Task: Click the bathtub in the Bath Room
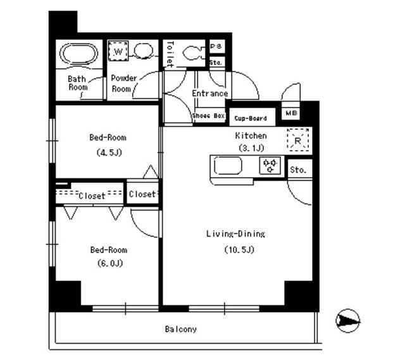(x=78, y=54)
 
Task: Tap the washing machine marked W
(x=118, y=51)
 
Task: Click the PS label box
(x=216, y=46)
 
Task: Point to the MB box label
(x=291, y=113)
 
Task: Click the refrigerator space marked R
(x=298, y=140)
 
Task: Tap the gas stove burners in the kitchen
(x=270, y=165)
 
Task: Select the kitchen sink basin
(x=228, y=166)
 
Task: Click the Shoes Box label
(x=208, y=116)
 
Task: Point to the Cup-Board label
(x=251, y=118)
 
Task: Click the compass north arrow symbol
(x=348, y=321)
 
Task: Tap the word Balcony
(x=181, y=329)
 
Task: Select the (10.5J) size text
(x=239, y=249)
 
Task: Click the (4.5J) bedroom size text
(x=109, y=152)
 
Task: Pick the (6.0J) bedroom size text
(x=110, y=263)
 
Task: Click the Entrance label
(x=210, y=93)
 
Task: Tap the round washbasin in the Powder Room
(x=144, y=51)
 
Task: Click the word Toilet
(x=170, y=54)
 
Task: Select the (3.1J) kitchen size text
(x=251, y=148)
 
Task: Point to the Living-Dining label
(x=235, y=234)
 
